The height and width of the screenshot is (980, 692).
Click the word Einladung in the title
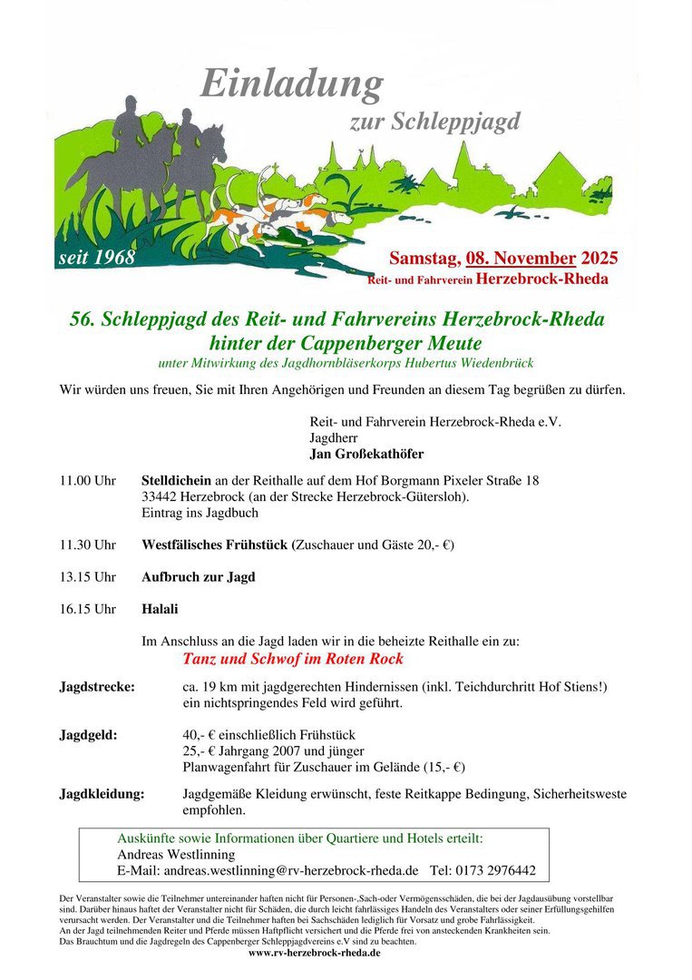point(291,84)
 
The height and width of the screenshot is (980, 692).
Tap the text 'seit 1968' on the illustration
point(96,258)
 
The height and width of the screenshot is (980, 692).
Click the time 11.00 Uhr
point(88,480)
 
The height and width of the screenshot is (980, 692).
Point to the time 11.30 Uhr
point(88,544)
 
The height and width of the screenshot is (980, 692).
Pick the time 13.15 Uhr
point(88,577)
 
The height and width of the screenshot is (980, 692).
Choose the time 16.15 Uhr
point(88,609)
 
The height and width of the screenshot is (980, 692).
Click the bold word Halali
point(160,609)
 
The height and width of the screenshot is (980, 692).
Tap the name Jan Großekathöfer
point(366,454)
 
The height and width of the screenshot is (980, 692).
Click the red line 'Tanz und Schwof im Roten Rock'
point(293,659)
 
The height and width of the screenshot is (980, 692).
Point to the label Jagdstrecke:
point(97,687)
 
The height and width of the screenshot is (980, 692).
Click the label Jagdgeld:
point(88,735)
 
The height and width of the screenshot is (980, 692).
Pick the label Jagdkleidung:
point(102,794)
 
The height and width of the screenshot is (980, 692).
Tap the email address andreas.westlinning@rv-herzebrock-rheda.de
point(290,869)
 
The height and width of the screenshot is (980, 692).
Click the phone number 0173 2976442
point(495,869)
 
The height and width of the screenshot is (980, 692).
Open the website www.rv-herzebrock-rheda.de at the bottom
point(314,953)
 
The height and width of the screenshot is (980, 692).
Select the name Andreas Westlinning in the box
point(176,854)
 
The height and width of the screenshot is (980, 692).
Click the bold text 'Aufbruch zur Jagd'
point(199,577)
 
